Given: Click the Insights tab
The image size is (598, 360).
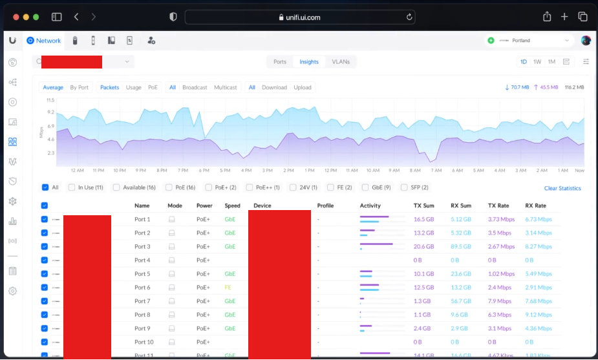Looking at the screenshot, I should click(308, 62).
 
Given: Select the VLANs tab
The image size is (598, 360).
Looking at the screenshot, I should click(341, 62).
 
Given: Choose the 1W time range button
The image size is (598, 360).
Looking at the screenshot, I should click(537, 62).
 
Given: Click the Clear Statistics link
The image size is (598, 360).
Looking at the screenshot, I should click(562, 188).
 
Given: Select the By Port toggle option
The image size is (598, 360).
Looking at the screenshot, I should click(79, 87).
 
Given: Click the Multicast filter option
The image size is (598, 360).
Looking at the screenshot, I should click(225, 87).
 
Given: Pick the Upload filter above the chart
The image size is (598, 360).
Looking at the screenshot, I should click(302, 87).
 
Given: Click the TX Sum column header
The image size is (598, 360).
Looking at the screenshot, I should click(423, 206).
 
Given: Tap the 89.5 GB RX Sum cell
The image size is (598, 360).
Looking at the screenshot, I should click(461, 246).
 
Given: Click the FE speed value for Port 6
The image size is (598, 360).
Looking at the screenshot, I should click(228, 288).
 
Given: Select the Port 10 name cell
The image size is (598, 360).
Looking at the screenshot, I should click(144, 342).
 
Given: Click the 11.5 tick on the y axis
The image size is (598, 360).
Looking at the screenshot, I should click(50, 100).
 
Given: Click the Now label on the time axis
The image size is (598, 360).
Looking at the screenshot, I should click(579, 171).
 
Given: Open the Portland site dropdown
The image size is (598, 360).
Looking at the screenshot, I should click(529, 41).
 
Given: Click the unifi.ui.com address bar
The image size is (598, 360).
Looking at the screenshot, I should click(299, 17).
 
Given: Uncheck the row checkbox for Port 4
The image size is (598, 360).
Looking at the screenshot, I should click(45, 260).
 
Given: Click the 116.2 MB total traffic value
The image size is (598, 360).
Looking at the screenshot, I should click(574, 87).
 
